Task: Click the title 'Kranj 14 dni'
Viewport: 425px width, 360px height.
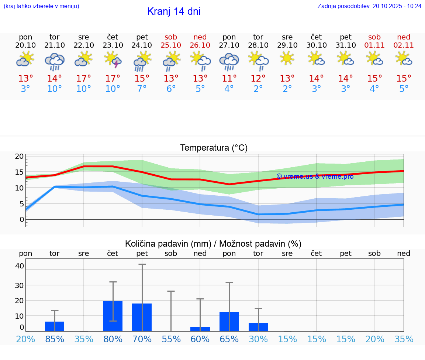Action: (174, 11)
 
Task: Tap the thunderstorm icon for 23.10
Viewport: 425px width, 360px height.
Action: (113, 59)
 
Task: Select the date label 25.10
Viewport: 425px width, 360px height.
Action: (171, 45)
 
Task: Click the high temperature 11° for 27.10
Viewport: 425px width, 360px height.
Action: (229, 78)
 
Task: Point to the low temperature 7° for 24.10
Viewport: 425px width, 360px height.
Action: (142, 89)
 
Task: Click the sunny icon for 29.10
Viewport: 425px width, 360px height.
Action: (287, 58)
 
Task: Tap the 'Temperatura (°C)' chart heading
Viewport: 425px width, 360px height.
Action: (214, 148)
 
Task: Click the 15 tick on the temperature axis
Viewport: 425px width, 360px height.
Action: (20, 172)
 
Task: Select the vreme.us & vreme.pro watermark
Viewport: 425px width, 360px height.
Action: (315, 176)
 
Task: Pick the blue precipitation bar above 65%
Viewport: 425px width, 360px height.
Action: (229, 322)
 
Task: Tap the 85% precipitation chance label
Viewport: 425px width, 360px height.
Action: (55, 339)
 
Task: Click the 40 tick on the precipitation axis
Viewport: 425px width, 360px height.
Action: (20, 266)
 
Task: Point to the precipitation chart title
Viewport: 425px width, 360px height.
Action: (213, 244)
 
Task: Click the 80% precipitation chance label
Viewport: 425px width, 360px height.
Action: (113, 339)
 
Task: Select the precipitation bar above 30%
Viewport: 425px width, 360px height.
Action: (258, 327)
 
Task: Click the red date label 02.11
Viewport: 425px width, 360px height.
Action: (404, 45)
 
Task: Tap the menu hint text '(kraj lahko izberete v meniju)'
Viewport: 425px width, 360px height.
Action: (41, 6)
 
